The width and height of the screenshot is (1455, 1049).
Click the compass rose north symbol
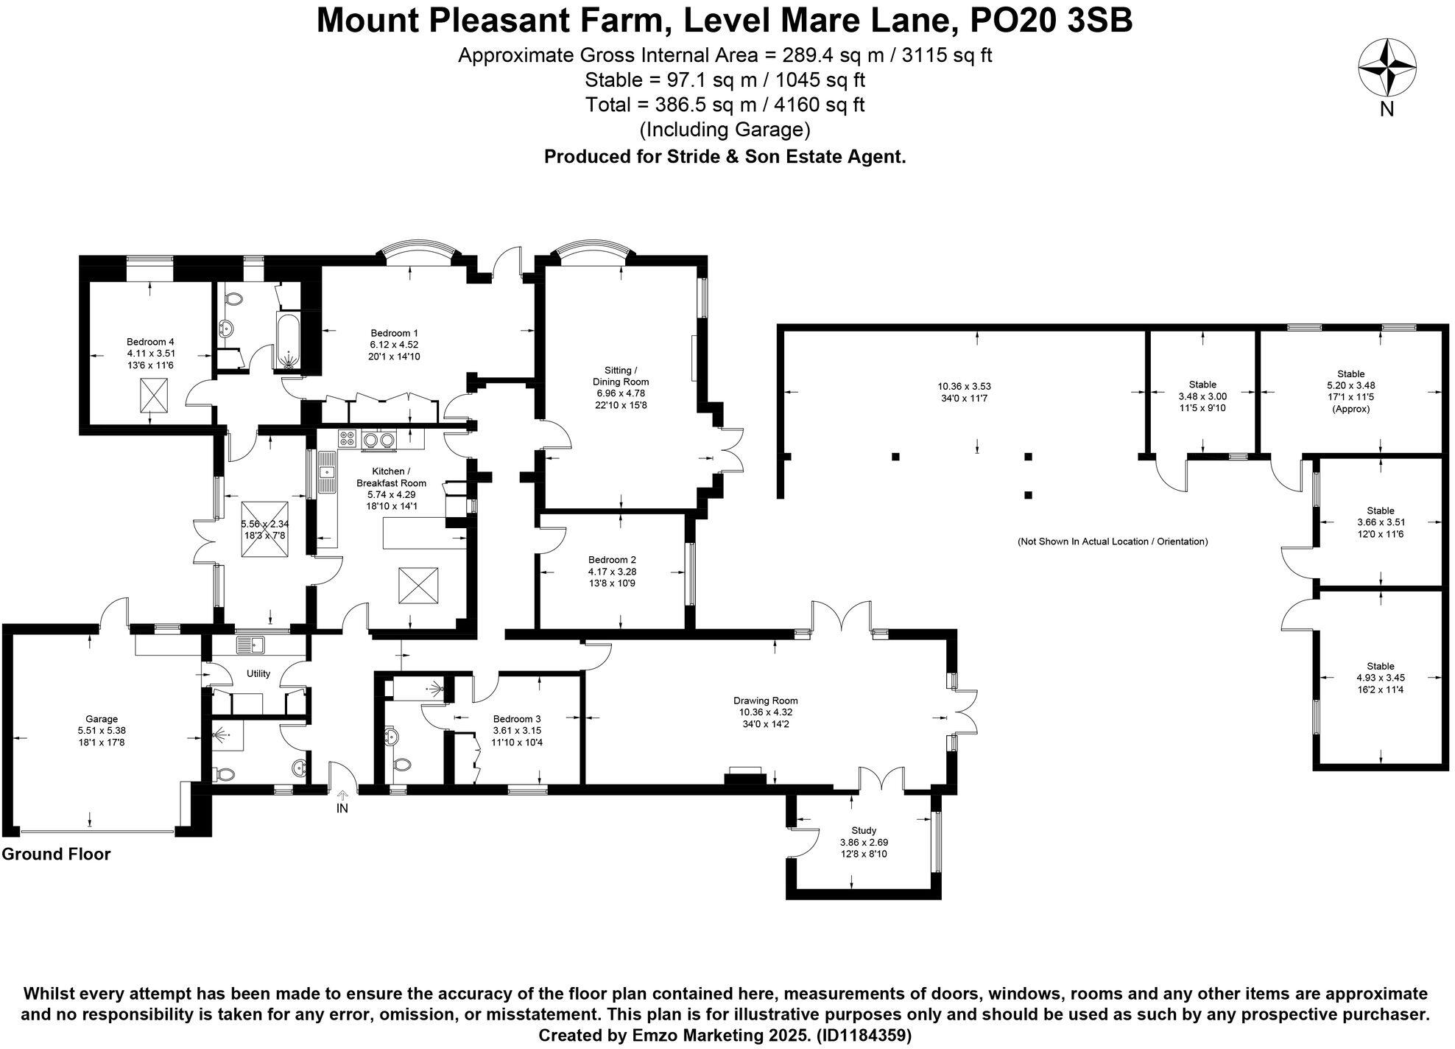click(x=1387, y=68)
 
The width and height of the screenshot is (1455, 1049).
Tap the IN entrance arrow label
click(x=342, y=808)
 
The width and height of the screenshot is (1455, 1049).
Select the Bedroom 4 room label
click(x=150, y=342)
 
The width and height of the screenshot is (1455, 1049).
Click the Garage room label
click(x=102, y=719)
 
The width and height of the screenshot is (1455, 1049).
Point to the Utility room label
click(x=258, y=673)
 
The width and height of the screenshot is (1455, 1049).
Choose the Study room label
click(x=864, y=830)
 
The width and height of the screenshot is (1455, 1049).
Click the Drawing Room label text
click(x=766, y=701)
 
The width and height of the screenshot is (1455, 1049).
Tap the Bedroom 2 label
click(x=612, y=560)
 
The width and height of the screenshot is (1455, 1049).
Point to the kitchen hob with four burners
click(x=347, y=439)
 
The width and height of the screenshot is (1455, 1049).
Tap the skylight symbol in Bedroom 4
click(x=154, y=396)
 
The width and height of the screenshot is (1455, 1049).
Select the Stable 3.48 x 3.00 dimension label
click(x=1202, y=396)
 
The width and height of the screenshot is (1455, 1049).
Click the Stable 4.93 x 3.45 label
click(x=1381, y=678)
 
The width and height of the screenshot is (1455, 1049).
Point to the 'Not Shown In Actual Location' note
click(x=1113, y=541)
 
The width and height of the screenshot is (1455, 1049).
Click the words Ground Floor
click(x=56, y=855)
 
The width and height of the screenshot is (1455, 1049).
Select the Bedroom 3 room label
click(x=517, y=719)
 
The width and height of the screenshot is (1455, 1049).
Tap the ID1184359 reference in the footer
click(x=863, y=1035)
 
